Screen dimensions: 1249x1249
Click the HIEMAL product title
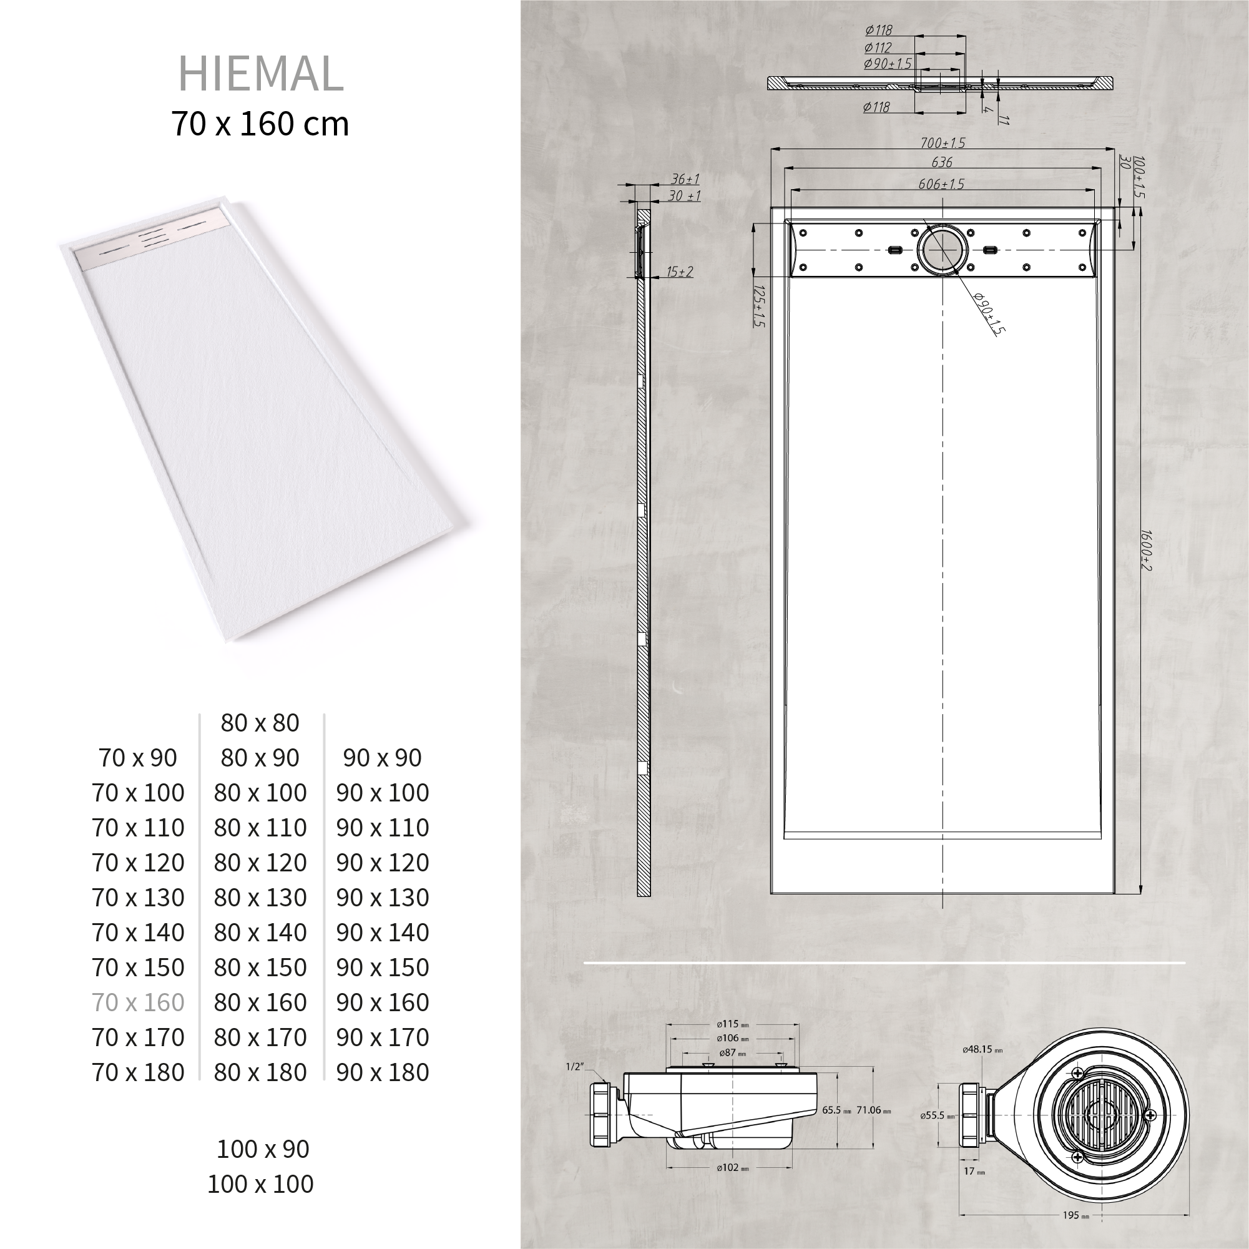tap(260, 74)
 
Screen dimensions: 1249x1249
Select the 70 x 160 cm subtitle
tap(260, 124)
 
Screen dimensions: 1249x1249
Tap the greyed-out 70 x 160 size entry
tap(139, 1002)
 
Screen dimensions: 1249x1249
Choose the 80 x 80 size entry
tap(260, 723)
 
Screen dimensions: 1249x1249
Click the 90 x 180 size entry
tap(383, 1072)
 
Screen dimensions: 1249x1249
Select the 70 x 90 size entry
tap(138, 758)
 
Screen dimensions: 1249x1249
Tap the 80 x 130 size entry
tap(260, 898)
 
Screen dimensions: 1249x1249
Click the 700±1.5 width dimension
tap(943, 143)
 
